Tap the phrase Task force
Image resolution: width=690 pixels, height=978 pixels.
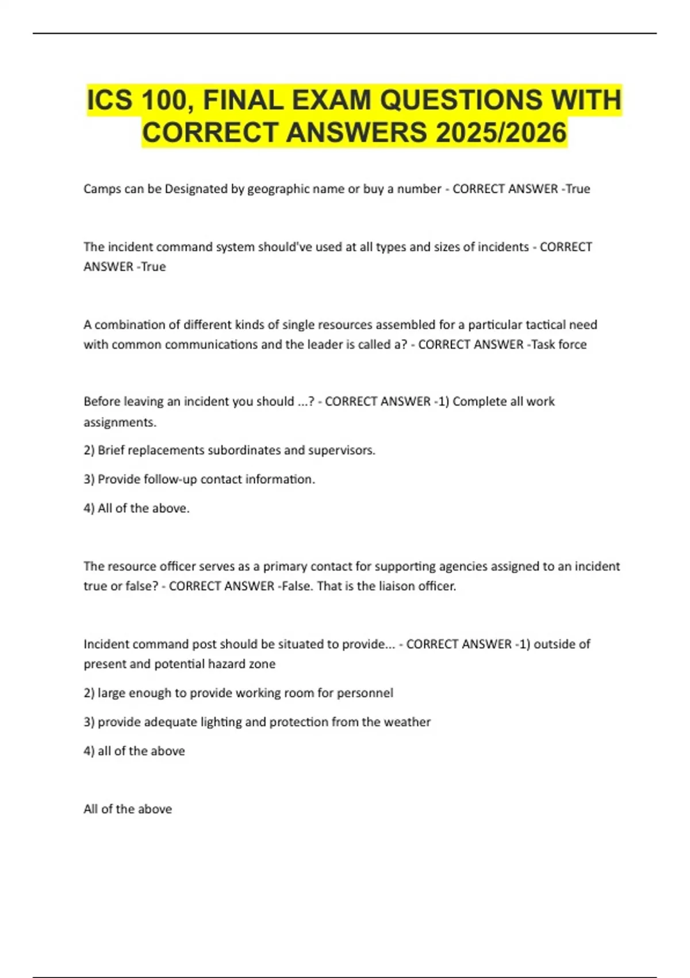click(559, 345)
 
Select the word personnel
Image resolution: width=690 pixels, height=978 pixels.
click(365, 693)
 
